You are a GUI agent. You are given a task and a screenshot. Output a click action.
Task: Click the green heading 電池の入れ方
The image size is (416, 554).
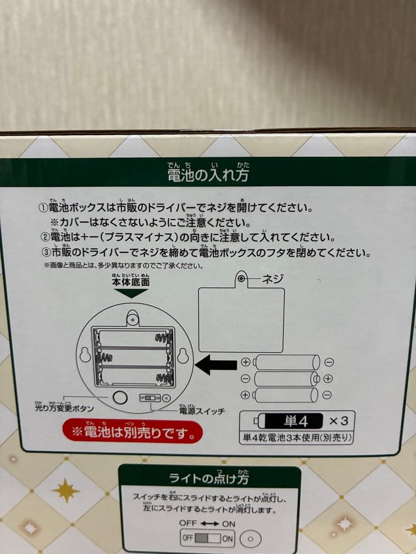209,175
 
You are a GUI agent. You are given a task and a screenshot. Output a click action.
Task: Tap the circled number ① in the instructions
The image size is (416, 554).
44,209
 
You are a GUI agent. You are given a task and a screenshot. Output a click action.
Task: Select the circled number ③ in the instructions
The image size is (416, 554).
44,253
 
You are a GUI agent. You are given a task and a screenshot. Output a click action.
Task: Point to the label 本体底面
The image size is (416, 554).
131,282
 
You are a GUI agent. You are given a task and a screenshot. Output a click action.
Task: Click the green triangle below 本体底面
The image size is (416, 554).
131,293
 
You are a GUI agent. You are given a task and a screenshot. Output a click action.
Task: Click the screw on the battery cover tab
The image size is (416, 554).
241,278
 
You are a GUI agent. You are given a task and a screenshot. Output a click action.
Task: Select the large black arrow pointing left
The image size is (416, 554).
216,364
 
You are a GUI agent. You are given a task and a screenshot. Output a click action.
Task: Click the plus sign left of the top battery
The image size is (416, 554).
245,362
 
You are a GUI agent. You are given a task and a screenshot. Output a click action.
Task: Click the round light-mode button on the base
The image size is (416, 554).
120,398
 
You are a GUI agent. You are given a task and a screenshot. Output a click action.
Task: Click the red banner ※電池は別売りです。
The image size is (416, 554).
133,432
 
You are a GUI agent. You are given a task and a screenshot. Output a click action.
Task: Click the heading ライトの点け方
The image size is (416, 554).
209,479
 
